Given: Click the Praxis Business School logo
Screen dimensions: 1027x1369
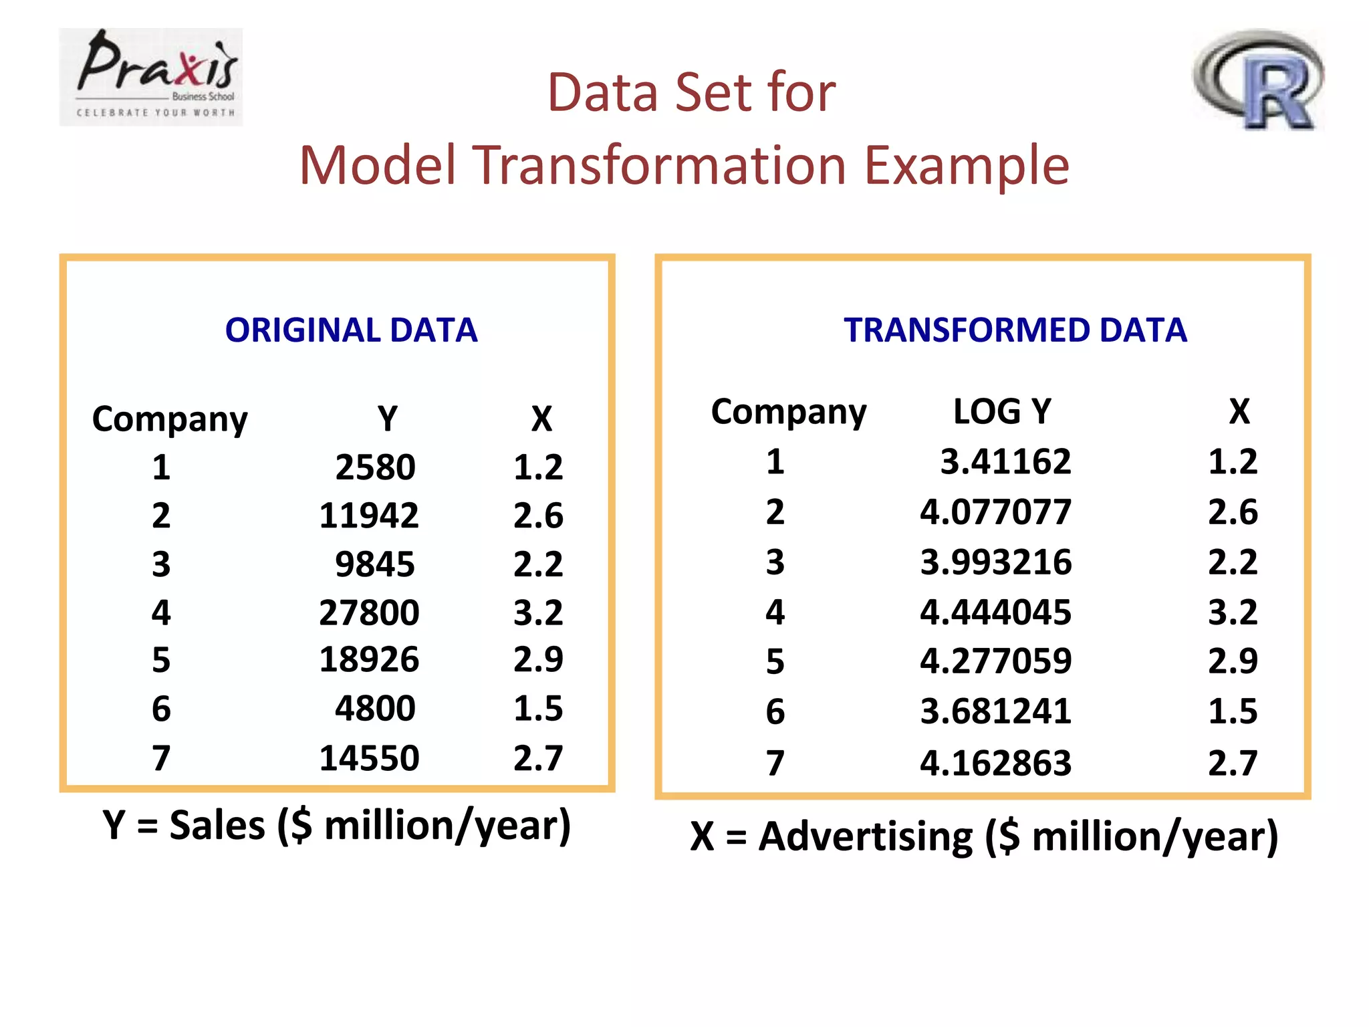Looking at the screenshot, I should click(151, 77).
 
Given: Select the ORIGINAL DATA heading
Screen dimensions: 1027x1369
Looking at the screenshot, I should click(351, 330).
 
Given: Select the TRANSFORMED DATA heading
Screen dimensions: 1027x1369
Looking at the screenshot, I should click(1015, 330).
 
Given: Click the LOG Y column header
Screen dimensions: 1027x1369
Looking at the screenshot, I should click(1001, 411).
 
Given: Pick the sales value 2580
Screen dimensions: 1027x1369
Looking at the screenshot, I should click(375, 467).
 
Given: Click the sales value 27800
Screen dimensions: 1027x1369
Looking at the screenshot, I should click(369, 612).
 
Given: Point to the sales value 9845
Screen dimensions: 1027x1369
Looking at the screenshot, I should click(375, 564).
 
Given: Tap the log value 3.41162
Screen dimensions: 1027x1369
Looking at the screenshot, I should click(1005, 462).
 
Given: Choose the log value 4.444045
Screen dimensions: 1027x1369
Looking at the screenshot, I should click(995, 612).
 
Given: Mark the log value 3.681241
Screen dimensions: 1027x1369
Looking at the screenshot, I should click(995, 711).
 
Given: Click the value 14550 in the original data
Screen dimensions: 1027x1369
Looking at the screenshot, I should click(369, 758).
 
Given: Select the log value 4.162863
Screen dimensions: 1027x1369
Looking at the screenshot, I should click(995, 763).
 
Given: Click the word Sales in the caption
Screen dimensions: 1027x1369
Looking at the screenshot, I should click(217, 825).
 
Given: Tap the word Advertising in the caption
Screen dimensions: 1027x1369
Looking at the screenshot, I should click(866, 836).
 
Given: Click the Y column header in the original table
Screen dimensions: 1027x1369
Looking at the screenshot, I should click(387, 419).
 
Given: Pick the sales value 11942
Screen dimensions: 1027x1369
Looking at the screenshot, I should click(369, 516).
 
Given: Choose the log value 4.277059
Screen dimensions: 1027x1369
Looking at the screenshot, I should click(995, 661).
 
